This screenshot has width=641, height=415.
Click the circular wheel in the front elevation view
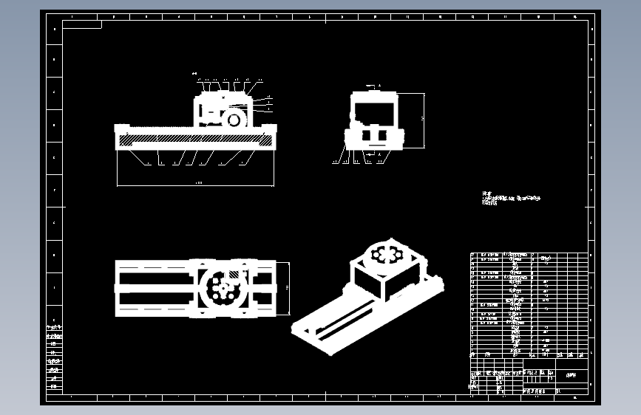tap(236, 118)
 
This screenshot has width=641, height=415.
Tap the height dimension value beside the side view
tap(422, 118)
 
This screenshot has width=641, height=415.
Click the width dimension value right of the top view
tap(286, 287)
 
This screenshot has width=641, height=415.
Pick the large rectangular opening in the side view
tap(373, 112)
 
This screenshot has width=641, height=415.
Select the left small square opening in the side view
tap(367, 136)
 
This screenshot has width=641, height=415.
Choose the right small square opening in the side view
tap(382, 136)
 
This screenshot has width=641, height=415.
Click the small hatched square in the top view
tap(234, 275)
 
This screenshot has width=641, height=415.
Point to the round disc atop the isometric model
tap(384, 255)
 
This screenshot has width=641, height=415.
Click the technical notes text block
tap(511, 199)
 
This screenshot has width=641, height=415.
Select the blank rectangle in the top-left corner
tap(82, 24)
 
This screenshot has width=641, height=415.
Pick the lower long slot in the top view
tap(155, 297)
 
